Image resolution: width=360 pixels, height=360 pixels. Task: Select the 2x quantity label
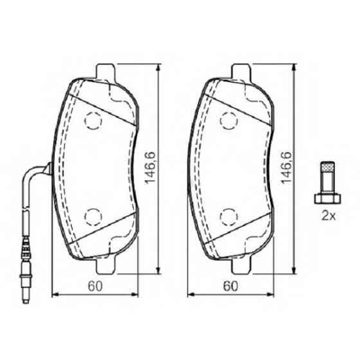(x=328, y=215)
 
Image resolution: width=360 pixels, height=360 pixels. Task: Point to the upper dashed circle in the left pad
(x=94, y=120)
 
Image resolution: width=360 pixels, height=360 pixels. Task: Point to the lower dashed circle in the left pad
(x=94, y=215)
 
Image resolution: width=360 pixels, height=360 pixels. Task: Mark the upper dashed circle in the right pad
(x=230, y=120)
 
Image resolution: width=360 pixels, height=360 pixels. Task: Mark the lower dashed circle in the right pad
(x=230, y=215)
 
